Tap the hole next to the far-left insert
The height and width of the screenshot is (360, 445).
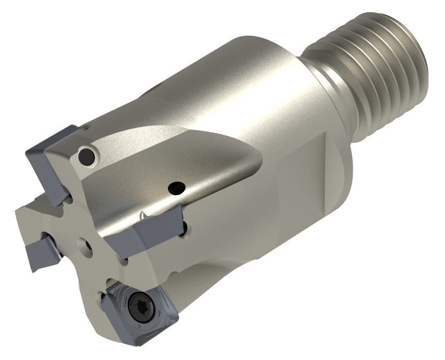click(x=46, y=235)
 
